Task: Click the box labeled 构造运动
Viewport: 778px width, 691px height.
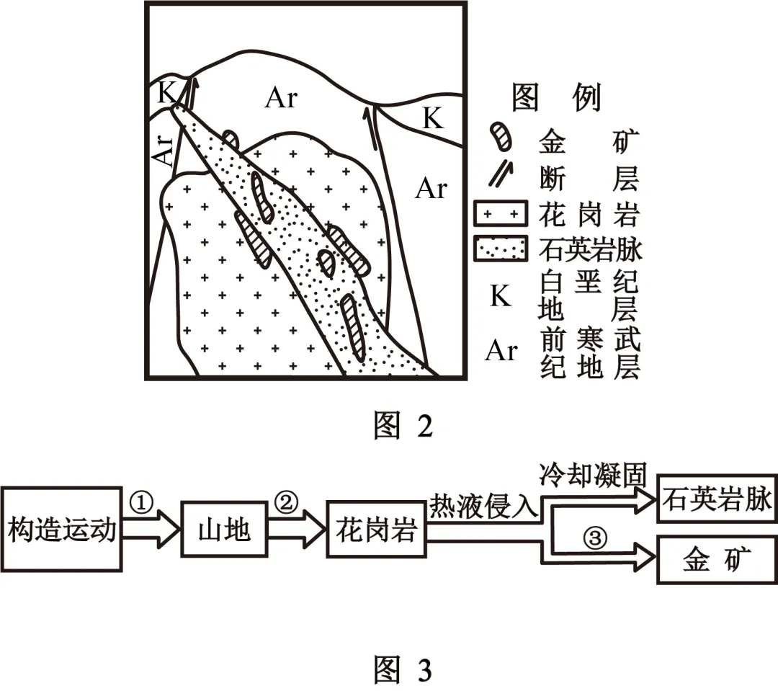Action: pos(61,532)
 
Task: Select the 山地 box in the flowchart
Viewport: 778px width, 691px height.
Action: pos(223,532)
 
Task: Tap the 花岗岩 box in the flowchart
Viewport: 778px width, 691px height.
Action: pos(375,532)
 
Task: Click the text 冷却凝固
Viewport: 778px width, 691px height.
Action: pos(595,475)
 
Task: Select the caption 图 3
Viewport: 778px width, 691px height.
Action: pos(403,670)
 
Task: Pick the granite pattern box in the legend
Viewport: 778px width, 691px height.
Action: pos(497,214)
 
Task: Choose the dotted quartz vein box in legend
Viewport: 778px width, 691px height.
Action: pos(497,249)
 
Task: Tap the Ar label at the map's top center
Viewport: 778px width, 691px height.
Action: pos(281,98)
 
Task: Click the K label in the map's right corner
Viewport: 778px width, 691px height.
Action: pos(432,117)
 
